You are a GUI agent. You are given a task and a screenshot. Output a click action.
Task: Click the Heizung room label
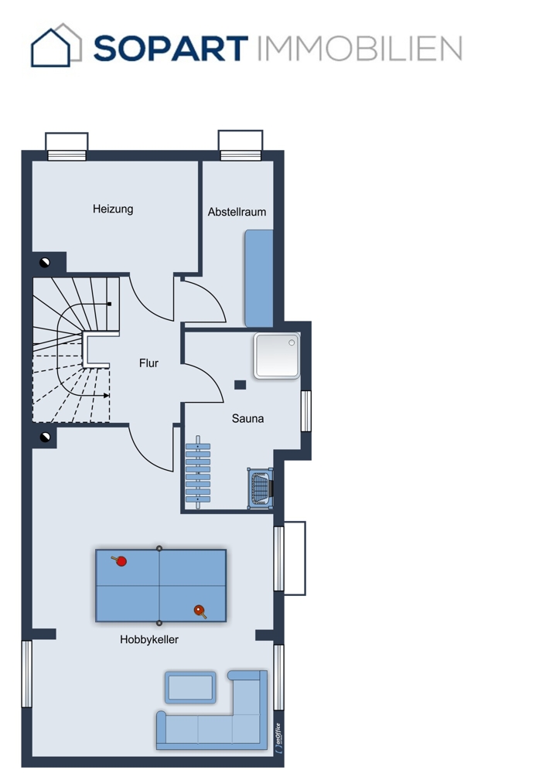(x=113, y=209)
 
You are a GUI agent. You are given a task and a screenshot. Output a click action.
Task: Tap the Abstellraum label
(x=237, y=212)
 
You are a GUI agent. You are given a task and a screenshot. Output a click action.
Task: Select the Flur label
(x=148, y=363)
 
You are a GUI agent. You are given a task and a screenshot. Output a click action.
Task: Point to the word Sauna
(x=247, y=418)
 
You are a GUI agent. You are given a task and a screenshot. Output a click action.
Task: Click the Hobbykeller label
(x=149, y=639)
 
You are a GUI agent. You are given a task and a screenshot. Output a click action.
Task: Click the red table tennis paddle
(x=119, y=560)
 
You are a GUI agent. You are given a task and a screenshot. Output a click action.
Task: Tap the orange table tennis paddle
(x=200, y=611)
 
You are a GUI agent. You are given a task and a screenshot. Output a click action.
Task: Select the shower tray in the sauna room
(x=277, y=356)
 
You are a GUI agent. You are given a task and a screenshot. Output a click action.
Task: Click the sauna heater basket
(x=260, y=488)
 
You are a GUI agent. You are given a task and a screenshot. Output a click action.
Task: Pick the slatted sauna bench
(x=198, y=472)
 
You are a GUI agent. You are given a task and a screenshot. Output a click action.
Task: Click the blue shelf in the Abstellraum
(x=259, y=278)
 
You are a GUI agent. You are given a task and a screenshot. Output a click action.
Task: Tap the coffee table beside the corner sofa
(x=190, y=687)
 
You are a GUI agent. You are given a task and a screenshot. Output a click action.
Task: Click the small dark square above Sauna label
(x=241, y=385)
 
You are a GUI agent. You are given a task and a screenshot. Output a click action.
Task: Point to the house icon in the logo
(x=56, y=45)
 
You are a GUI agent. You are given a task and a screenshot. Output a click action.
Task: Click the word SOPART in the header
(x=171, y=48)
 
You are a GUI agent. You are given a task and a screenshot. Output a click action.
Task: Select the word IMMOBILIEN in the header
(x=360, y=48)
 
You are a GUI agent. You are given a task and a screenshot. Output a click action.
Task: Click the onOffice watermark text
(x=278, y=737)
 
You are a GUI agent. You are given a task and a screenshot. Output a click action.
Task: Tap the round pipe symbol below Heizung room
(x=45, y=262)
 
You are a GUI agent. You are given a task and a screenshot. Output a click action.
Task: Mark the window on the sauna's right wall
(x=305, y=411)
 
